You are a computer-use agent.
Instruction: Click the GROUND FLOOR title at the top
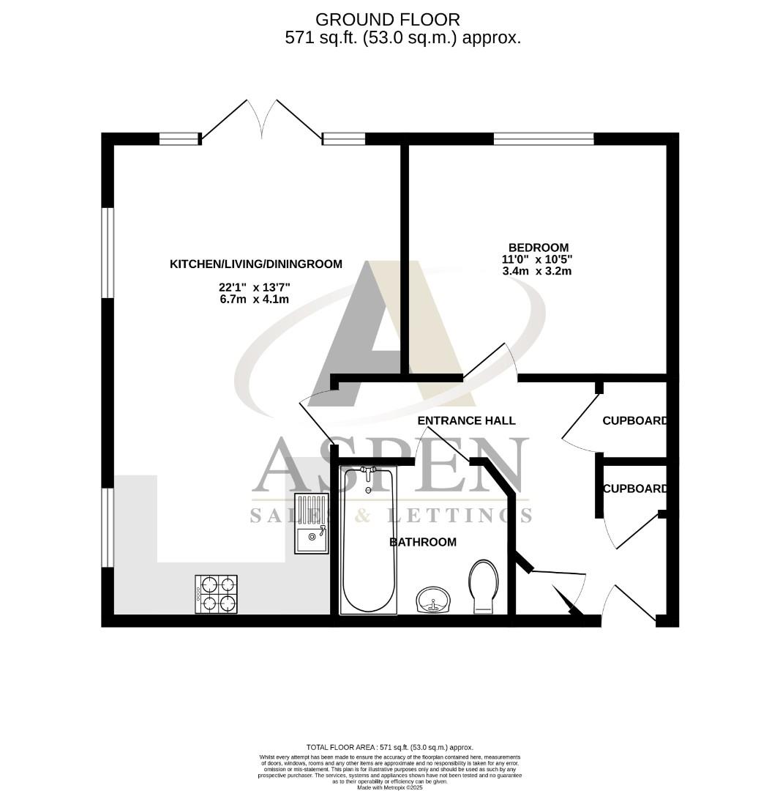(388, 19)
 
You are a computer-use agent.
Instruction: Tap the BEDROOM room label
(539, 248)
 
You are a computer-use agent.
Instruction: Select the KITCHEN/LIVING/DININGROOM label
(256, 264)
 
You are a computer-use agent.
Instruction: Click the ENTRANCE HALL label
(466, 420)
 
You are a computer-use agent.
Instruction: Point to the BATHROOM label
(422, 542)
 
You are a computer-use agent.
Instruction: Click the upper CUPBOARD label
(634, 421)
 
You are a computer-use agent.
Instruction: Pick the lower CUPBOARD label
(634, 489)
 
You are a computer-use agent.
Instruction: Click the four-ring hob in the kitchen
(217, 594)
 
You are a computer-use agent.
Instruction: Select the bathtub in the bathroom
(370, 542)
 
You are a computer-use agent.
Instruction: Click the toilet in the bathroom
(483, 585)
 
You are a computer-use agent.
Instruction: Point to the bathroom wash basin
(435, 601)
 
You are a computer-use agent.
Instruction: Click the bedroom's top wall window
(544, 138)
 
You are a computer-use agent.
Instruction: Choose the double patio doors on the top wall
(261, 121)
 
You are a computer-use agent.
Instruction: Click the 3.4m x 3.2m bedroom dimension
(536, 271)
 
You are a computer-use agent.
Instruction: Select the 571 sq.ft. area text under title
(402, 38)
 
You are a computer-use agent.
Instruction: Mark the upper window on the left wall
(108, 253)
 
